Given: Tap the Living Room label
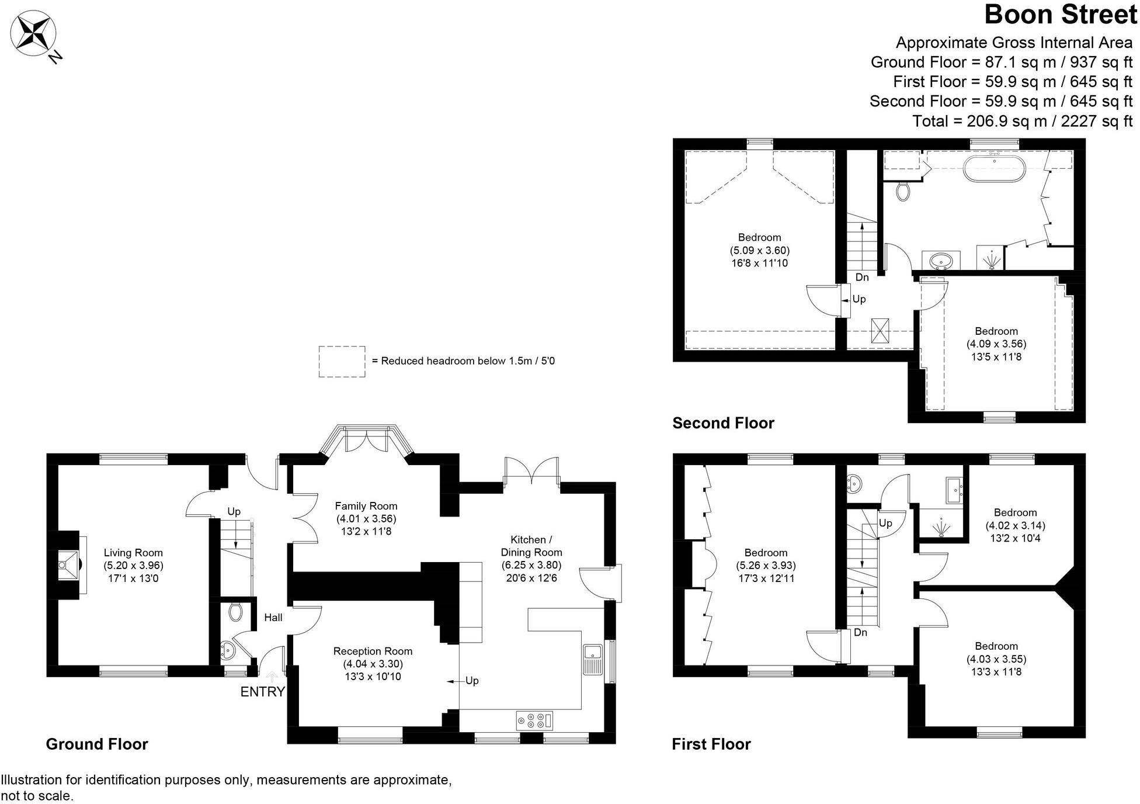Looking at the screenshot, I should coord(133,553).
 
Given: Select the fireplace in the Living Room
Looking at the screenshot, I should coord(70,565).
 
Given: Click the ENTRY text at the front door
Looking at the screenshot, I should coord(262,692).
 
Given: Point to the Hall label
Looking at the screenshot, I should coord(273,618).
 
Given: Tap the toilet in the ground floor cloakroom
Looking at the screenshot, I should coord(235,612).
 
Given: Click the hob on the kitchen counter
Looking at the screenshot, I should coord(534,720).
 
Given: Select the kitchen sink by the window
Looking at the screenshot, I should coord(592,659).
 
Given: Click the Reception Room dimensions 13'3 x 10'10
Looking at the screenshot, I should coord(373,677).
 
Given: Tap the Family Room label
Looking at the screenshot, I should coord(366,506).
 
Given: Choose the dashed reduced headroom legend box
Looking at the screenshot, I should coord(342,361).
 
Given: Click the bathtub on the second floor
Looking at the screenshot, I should coord(994,168).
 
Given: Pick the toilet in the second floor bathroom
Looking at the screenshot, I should coord(903,191).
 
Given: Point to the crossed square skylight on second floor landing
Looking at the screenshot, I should coord(880,331).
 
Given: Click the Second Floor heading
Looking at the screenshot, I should coord(723,423).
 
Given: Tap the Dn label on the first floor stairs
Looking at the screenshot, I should coord(860,633).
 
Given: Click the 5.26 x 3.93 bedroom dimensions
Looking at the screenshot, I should coord(766,566).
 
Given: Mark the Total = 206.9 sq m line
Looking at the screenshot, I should coord(1022,121).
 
